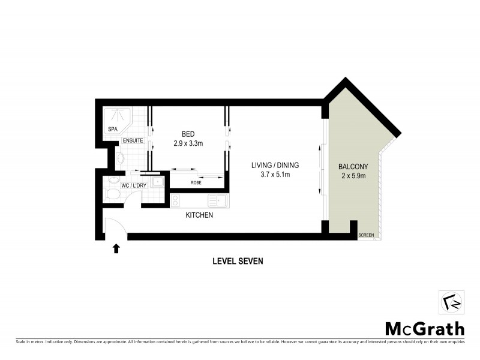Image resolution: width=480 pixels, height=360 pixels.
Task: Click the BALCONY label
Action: tap(353, 166)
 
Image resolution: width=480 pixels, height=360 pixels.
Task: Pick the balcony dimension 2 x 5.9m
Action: tap(353, 176)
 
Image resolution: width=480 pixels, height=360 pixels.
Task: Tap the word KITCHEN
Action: tap(199, 215)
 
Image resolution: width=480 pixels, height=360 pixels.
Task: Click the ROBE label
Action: tap(196, 182)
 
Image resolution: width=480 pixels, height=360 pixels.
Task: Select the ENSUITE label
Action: tap(133, 140)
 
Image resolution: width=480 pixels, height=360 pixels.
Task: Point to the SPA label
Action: tap(112, 129)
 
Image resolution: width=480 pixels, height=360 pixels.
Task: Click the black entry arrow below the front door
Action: tap(116, 248)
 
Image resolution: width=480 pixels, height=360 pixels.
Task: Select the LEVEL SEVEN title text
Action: tap(238, 261)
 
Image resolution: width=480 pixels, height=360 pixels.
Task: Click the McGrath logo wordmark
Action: tap(424, 328)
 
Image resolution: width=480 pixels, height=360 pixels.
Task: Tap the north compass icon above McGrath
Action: tap(452, 301)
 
